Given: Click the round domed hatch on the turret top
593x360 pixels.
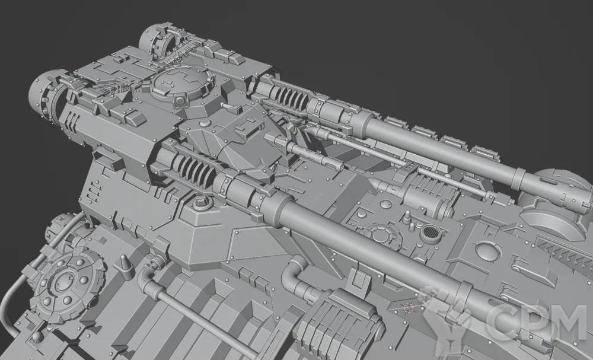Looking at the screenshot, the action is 182,86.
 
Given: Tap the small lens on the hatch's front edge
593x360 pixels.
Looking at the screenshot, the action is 180,101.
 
